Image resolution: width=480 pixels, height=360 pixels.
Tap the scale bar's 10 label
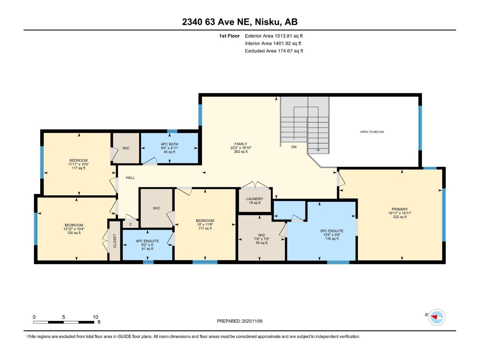(x=95, y=317)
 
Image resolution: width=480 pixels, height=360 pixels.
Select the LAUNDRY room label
(x=255, y=199)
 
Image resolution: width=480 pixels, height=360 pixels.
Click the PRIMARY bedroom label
(x=400, y=209)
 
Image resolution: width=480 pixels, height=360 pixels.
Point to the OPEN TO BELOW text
(x=372, y=132)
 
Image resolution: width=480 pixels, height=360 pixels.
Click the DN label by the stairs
(x=294, y=147)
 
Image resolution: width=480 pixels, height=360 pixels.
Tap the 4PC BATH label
(x=169, y=144)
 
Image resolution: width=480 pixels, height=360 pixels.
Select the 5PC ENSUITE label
(x=331, y=231)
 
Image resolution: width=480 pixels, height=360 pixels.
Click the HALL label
(x=130, y=178)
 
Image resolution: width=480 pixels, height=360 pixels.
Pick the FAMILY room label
(x=241, y=144)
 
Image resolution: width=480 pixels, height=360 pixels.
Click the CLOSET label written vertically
(x=115, y=241)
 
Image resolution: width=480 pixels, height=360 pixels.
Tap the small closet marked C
(x=130, y=224)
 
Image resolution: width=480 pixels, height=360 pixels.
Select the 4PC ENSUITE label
(x=147, y=241)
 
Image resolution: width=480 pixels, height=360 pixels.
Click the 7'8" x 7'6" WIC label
(x=262, y=239)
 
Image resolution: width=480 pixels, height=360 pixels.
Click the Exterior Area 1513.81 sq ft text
(x=274, y=36)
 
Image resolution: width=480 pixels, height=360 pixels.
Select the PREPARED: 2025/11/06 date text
(x=240, y=321)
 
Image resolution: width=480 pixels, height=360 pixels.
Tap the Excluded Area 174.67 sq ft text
(x=274, y=51)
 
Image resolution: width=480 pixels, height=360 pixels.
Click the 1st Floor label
(x=229, y=36)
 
